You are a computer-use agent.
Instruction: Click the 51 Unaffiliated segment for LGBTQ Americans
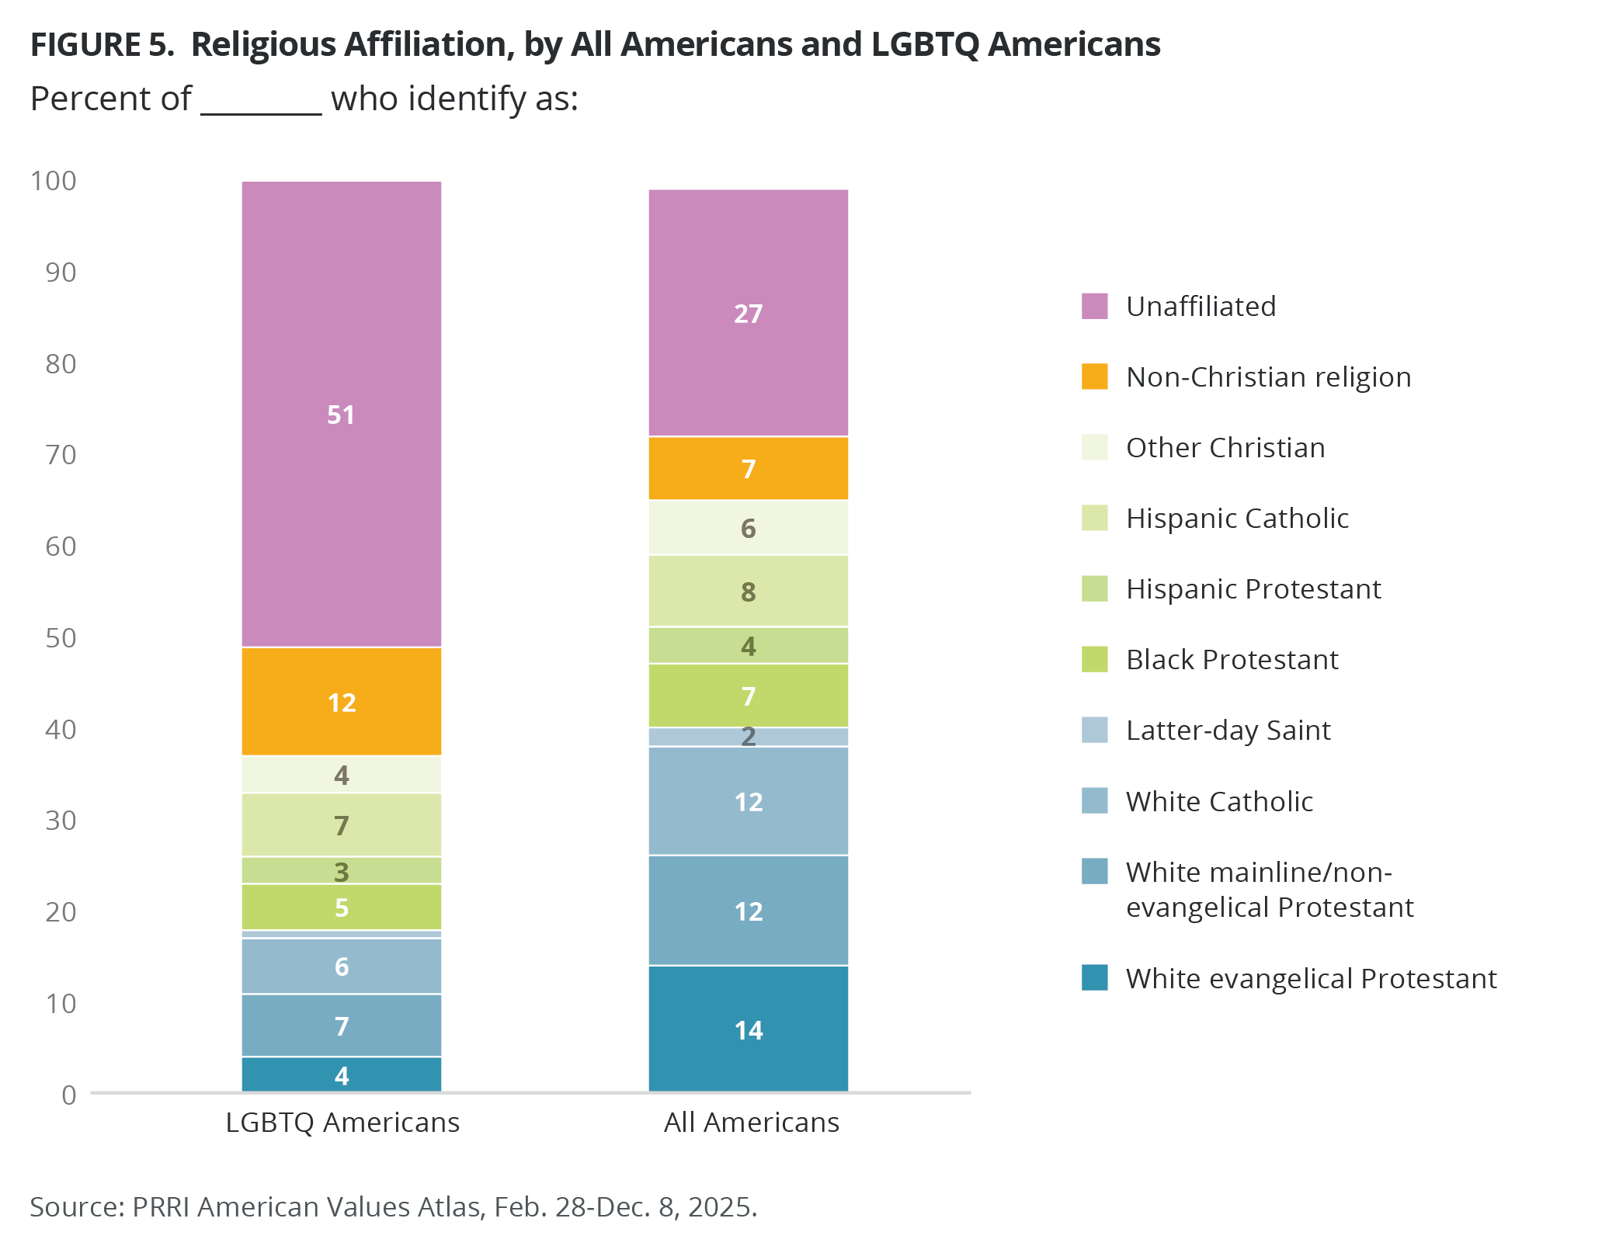click(x=342, y=414)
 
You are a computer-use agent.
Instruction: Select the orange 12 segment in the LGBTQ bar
click(x=342, y=702)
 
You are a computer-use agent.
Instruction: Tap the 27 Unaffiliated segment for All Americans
click(x=748, y=313)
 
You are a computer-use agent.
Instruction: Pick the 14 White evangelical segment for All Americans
click(x=748, y=1029)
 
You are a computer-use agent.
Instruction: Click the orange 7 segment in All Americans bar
click(x=748, y=469)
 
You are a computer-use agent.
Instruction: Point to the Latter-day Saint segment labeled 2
click(x=748, y=737)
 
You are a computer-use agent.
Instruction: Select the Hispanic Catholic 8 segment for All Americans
click(x=748, y=592)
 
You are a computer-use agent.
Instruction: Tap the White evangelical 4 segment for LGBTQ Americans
click(x=342, y=1075)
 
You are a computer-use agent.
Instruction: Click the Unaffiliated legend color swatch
click(x=1094, y=306)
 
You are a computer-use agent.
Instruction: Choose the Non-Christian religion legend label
click(x=1268, y=377)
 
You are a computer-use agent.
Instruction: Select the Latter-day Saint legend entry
click(x=1228, y=731)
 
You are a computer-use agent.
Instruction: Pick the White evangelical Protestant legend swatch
click(x=1094, y=977)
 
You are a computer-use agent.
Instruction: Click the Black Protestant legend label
click(x=1232, y=660)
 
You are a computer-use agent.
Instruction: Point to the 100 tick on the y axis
click(x=53, y=181)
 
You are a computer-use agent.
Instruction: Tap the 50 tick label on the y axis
click(x=61, y=638)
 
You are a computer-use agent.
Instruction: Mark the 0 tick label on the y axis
click(x=69, y=1095)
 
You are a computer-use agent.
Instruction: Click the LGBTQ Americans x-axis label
click(x=342, y=1123)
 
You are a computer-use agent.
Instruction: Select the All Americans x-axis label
click(x=751, y=1123)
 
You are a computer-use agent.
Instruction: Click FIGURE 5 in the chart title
click(x=102, y=45)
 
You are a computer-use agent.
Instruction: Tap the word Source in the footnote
click(x=76, y=1207)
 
